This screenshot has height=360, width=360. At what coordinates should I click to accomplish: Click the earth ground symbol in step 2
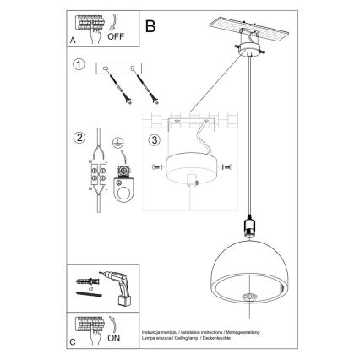[x=119, y=144]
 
